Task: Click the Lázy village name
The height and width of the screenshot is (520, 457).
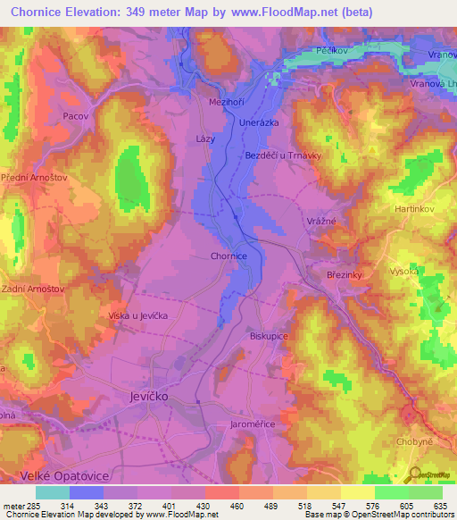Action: [x=206, y=139]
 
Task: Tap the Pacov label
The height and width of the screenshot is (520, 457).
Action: [x=75, y=115]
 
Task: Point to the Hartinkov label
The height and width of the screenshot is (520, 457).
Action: [x=413, y=208]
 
